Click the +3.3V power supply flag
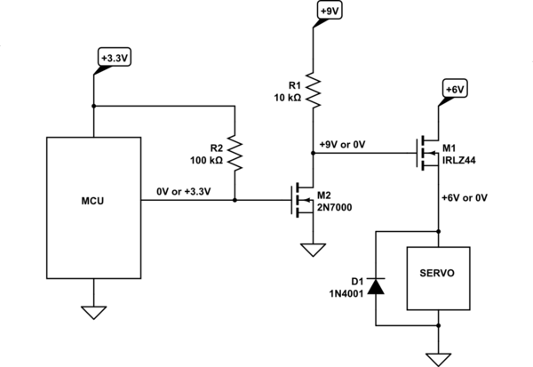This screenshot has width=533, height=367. coord(113,59)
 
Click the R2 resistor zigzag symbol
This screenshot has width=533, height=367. coord(235,153)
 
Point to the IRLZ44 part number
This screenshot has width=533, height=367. coord(461,161)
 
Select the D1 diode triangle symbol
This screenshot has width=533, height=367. coord(376,286)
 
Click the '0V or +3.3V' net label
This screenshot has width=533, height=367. coord(184,192)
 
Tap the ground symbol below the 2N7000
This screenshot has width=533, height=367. coord(312,251)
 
